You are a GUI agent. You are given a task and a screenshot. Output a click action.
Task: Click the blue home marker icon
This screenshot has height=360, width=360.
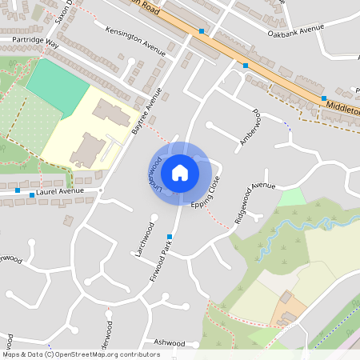pyautogui.click(x=180, y=172)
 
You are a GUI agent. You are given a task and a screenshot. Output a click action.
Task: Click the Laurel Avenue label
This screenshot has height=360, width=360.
pyautogui.click(x=61, y=192)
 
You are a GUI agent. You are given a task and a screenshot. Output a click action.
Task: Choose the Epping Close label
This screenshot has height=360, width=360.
pyautogui.click(x=204, y=194)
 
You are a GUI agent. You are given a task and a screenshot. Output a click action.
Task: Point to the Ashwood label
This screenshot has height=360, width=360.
pyautogui.click(x=169, y=342)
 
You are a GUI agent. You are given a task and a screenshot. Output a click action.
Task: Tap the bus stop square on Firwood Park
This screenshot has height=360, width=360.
pyautogui.click(x=170, y=236)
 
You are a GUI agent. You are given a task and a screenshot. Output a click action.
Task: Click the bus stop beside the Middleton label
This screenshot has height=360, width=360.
pyautogui.click(x=324, y=98)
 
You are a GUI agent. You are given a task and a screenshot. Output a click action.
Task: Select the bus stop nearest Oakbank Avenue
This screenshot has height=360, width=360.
pyautogui.click(x=246, y=66)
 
